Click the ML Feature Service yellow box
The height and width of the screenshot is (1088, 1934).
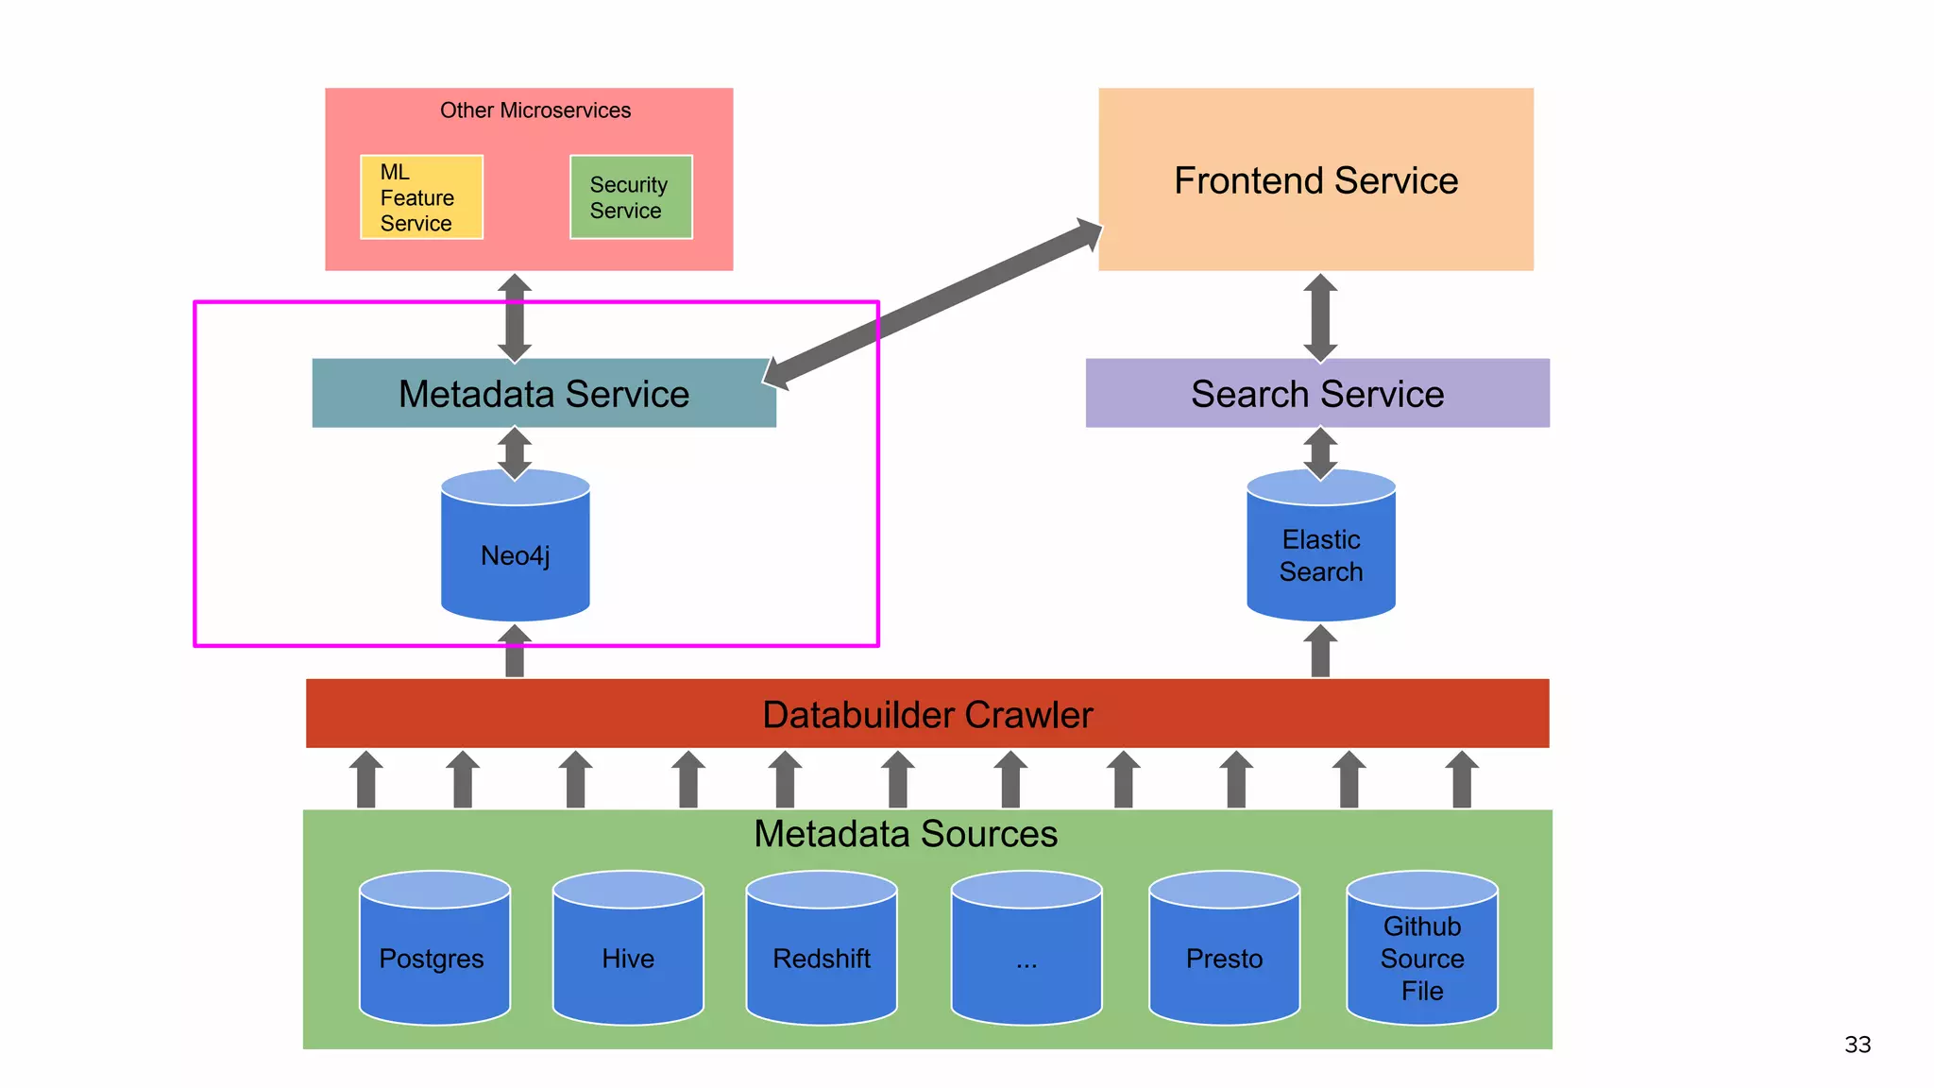[x=421, y=197]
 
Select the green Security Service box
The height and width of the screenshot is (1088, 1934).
[x=631, y=197]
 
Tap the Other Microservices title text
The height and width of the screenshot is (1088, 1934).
[x=534, y=110]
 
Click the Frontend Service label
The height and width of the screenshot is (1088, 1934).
[x=1315, y=180]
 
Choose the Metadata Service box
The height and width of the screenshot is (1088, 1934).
[x=544, y=394]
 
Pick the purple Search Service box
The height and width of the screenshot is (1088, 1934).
[x=1317, y=394]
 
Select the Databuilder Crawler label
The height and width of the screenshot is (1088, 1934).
[x=927, y=715]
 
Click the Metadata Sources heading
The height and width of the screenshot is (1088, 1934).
[x=906, y=834]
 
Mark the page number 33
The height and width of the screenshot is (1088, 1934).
[x=1858, y=1045]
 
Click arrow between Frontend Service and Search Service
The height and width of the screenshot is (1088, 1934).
[x=1320, y=317]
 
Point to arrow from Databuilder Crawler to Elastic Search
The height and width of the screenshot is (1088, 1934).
[x=1320, y=652]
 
